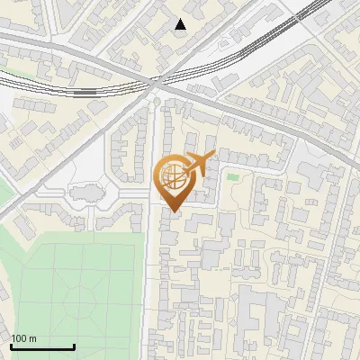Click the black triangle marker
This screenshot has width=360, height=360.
[x=181, y=24]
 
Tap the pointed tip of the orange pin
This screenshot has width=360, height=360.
[x=171, y=211]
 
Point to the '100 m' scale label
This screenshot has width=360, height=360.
[x=24, y=338]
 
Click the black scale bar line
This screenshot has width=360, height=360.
[x=42, y=346]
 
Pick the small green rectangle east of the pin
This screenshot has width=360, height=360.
[x=233, y=176]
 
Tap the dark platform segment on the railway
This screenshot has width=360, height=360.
[x=85, y=91]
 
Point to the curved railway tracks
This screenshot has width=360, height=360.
[x=225, y=63]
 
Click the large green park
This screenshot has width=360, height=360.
[x=72, y=288]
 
